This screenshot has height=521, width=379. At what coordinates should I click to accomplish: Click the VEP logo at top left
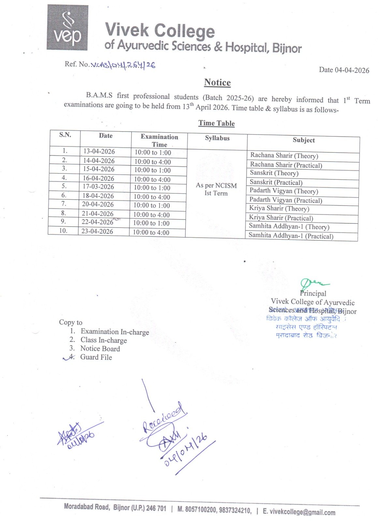coord(67,28)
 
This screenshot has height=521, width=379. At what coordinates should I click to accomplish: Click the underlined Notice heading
coord(217,82)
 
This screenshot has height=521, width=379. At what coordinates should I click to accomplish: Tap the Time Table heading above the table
coord(217,123)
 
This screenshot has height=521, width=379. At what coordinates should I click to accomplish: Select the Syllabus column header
coord(217,138)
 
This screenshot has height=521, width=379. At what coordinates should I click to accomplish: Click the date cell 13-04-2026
coord(99,151)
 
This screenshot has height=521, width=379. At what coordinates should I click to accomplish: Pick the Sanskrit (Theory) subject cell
coord(274,173)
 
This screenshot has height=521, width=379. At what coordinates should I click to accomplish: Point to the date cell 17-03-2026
coord(98,187)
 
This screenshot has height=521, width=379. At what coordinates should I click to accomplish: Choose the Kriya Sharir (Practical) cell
coord(281,218)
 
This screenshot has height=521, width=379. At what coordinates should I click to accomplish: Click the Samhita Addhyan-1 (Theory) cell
coord(289,226)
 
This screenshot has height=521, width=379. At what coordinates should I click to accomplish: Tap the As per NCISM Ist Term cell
coord(216,189)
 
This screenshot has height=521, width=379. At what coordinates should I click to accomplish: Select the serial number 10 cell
coord(63,231)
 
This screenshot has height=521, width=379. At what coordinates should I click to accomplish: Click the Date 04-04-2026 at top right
coord(344,70)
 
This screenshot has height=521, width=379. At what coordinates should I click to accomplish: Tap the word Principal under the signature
coord(313,293)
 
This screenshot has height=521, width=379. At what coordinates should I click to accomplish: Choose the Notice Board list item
coord(100,348)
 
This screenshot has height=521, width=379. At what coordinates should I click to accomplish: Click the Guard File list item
coord(96,357)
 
